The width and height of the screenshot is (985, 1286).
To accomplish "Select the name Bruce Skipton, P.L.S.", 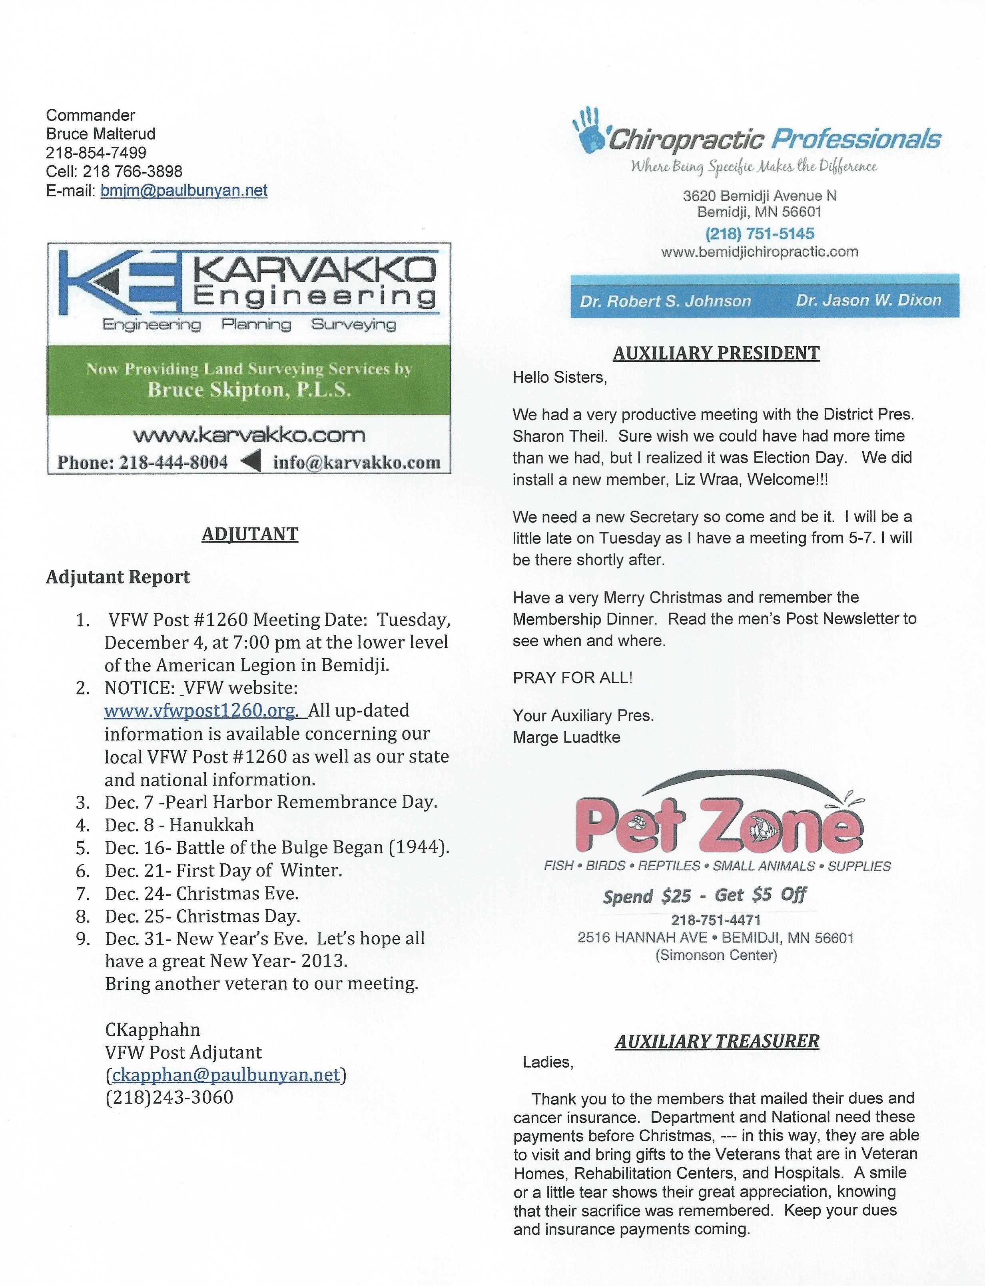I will (x=249, y=390).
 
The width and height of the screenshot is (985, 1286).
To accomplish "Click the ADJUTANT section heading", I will (x=250, y=534).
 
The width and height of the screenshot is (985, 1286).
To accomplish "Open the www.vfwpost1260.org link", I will (x=200, y=711).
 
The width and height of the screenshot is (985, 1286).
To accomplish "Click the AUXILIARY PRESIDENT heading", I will (x=716, y=353).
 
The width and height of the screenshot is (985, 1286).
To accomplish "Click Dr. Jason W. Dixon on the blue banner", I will (x=868, y=300).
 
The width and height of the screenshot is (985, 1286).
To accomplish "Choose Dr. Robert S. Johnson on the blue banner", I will (x=666, y=302).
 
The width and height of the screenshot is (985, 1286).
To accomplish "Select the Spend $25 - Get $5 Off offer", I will (x=705, y=895).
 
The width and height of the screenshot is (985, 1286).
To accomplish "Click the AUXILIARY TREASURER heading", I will (x=717, y=1041).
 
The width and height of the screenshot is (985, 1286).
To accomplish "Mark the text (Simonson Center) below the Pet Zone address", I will (x=716, y=955).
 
